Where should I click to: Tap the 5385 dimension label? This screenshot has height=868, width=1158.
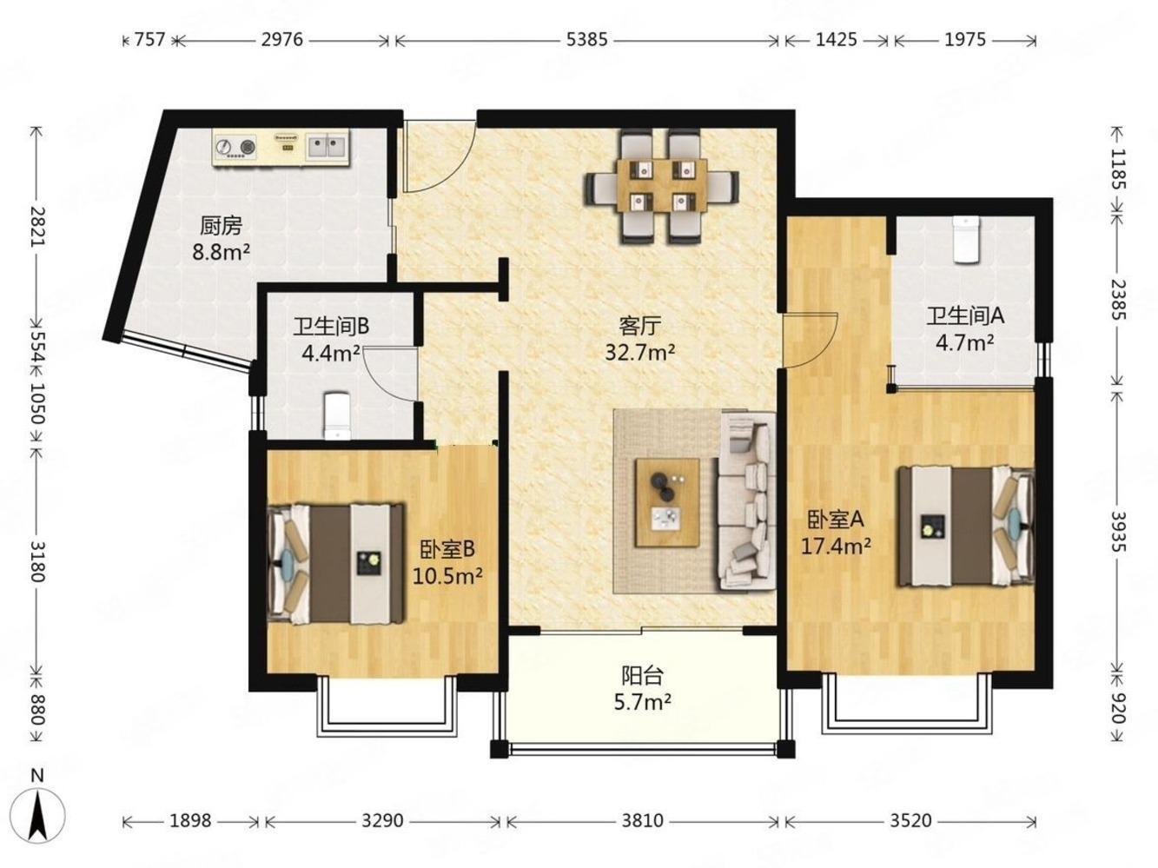point(586,40)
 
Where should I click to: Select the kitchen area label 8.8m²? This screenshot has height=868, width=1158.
point(221,253)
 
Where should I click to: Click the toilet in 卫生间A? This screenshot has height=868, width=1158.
point(966,240)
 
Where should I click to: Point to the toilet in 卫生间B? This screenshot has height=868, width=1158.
point(337,415)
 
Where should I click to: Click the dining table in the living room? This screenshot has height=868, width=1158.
point(662,185)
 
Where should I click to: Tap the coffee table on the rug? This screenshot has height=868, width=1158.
point(668,503)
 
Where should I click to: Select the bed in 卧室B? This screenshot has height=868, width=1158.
point(336,565)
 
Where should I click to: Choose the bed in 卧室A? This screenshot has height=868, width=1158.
point(966,526)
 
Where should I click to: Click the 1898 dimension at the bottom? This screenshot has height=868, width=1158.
point(190,820)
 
